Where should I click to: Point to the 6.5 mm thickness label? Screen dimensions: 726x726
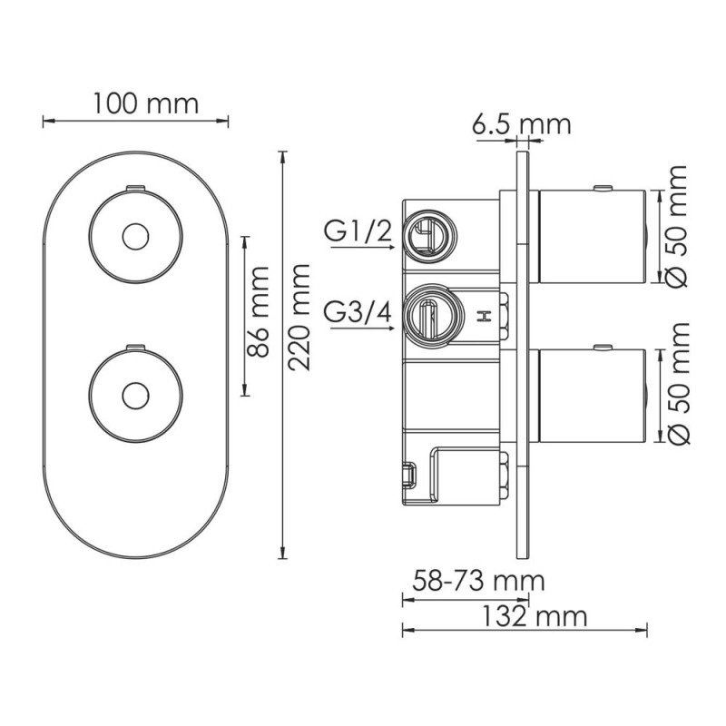click(x=521, y=124)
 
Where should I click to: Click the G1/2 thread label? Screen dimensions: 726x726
click(x=358, y=234)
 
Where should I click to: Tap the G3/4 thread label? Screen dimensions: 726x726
click(x=358, y=311)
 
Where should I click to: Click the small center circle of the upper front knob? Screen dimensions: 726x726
click(x=134, y=237)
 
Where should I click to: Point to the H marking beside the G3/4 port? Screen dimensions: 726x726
click(x=484, y=317)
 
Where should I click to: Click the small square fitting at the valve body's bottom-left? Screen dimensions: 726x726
click(x=408, y=474)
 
